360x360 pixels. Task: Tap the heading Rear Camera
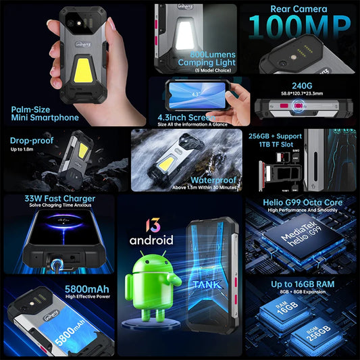(x=299, y=9)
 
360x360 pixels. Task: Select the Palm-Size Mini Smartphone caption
(x=45, y=113)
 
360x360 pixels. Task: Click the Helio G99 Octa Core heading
(x=304, y=202)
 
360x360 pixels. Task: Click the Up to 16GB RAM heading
(x=303, y=284)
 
